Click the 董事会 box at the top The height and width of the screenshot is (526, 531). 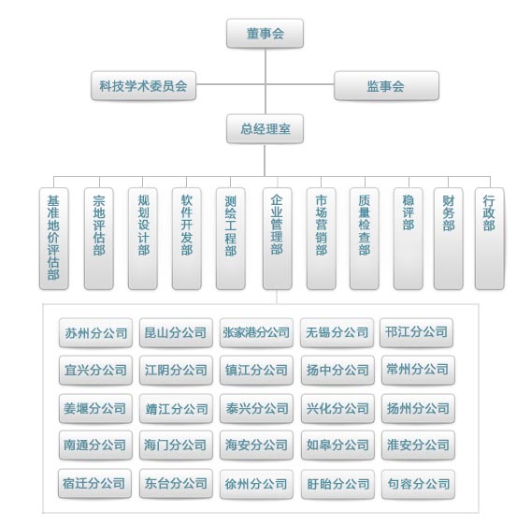point(265,34)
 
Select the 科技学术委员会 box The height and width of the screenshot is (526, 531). point(144,86)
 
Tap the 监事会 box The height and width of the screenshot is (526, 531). point(386,86)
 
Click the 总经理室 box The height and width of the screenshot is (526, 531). point(265,129)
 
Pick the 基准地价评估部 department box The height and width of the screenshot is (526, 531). point(54,239)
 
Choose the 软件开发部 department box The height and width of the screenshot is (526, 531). point(187,239)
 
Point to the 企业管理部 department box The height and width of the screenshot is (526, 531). point(277,239)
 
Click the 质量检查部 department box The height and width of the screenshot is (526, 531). point(365,239)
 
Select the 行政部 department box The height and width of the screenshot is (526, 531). point(489,239)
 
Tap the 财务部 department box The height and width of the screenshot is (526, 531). point(449,239)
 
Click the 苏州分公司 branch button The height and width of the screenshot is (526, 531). point(95,332)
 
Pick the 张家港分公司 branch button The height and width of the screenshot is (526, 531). point(256,332)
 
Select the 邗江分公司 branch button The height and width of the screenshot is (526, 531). point(416,332)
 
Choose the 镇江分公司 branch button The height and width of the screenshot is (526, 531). point(256,371)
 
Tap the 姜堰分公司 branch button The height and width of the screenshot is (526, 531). point(95,409)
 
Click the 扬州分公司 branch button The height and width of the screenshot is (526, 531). point(418,409)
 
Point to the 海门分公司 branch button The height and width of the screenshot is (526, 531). point(176,446)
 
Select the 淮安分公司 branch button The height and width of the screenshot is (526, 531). point(418,446)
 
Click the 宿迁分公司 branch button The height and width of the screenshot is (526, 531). point(94,484)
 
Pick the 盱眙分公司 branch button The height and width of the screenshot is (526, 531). point(337,484)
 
